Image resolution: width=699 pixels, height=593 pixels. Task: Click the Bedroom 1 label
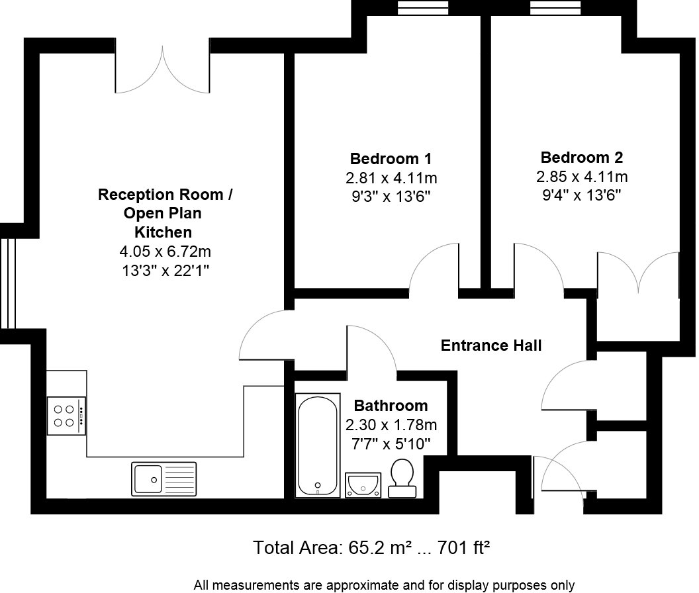pos(391,159)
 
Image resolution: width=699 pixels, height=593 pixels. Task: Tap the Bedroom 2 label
pos(581,158)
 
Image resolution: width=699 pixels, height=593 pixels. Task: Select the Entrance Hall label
pos(491,345)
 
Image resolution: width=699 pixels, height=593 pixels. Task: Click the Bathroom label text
pos(391,405)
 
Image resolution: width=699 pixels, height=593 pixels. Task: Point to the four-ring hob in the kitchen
pos(66,416)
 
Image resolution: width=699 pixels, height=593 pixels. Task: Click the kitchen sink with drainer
pos(163,477)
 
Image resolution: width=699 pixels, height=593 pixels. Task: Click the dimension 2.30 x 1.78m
pos(391,424)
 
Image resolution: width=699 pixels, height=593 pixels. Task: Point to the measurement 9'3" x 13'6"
pos(391,197)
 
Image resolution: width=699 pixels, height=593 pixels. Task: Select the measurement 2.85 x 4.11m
pos(581,177)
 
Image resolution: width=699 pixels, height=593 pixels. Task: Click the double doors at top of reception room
pos(163,69)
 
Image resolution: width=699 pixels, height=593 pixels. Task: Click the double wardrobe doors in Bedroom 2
pos(637,271)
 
